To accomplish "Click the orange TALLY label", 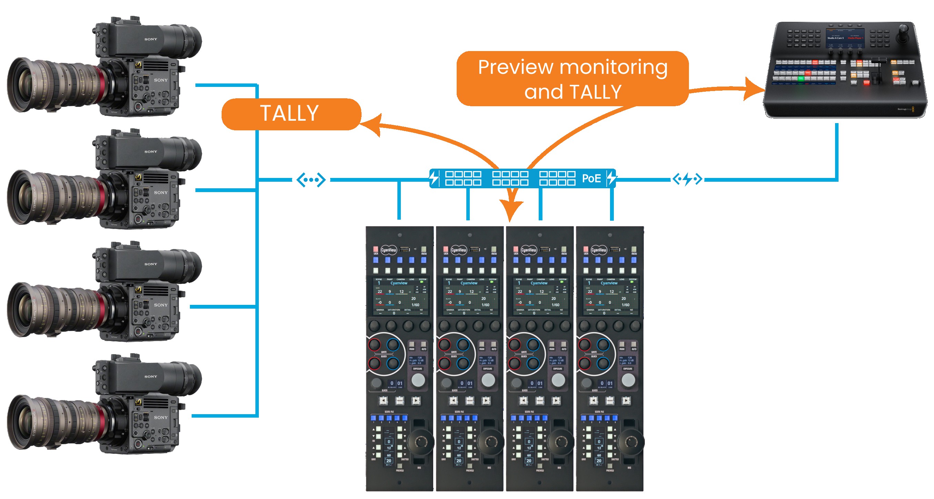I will coord(291,113).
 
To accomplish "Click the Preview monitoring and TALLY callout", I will coord(572,79).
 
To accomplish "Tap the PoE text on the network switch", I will coord(591,179).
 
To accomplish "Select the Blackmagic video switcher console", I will coord(845,69).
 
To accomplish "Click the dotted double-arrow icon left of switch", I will coord(311,180).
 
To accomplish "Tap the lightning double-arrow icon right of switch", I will coord(687,179).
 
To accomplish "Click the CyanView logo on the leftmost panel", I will coord(389,250).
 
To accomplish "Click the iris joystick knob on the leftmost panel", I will coord(420,442).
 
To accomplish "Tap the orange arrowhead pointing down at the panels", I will coord(510,210).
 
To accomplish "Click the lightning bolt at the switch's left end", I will coord(434,178).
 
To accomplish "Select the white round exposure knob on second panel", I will coord(488,380).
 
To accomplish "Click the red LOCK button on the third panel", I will coord(516,249).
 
